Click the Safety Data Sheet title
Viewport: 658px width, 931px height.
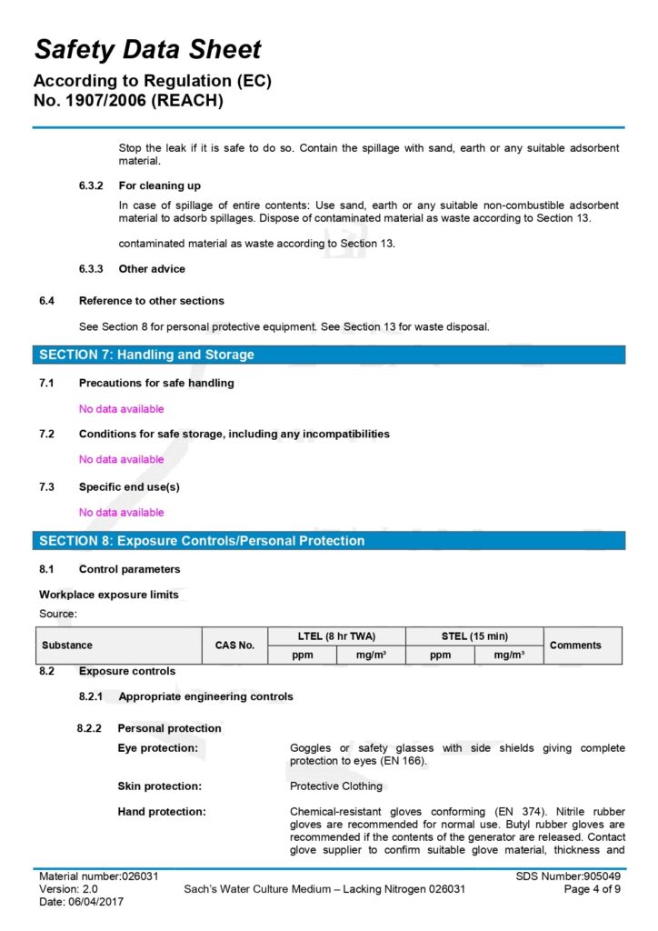pos(148,49)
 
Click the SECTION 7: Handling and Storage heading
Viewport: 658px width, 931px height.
pos(146,355)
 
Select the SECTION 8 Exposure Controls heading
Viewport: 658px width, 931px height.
pos(202,541)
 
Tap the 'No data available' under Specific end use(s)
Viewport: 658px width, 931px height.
pos(122,512)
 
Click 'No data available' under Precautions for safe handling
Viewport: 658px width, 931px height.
pos(122,409)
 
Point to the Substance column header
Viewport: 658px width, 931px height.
pos(67,646)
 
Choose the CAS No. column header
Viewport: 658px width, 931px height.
pos(234,646)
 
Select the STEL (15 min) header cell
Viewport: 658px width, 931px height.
pos(474,636)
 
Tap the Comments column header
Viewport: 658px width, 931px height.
pos(575,646)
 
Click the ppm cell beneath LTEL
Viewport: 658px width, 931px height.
pos(303,655)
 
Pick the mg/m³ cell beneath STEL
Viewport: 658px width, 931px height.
pos(509,655)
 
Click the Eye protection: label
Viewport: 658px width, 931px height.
pos(158,748)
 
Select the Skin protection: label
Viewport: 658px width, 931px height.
pos(160,786)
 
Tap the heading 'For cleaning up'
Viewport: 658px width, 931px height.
pos(160,185)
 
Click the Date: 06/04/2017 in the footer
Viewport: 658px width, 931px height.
pos(81,902)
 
